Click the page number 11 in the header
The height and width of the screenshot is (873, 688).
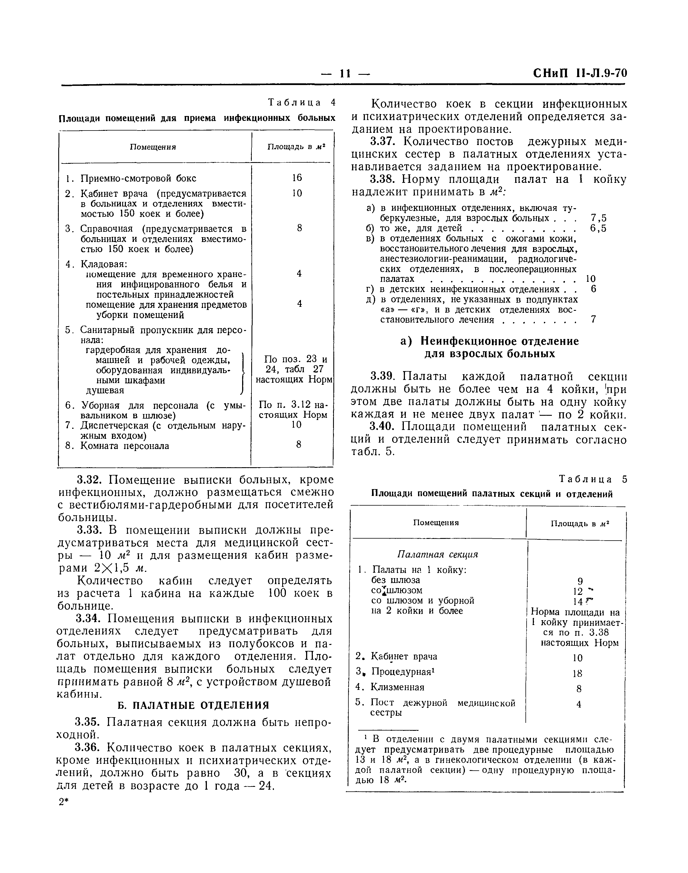(345, 73)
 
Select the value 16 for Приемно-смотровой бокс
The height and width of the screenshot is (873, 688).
(297, 178)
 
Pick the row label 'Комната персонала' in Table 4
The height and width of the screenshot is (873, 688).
(124, 446)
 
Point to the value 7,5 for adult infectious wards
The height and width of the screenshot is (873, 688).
(598, 218)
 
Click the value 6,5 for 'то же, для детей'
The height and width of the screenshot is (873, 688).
(598, 229)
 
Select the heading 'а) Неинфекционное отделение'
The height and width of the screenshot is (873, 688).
(489, 342)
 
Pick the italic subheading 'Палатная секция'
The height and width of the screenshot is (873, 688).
(437, 554)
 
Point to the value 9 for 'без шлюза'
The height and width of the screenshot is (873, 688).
(580, 581)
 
